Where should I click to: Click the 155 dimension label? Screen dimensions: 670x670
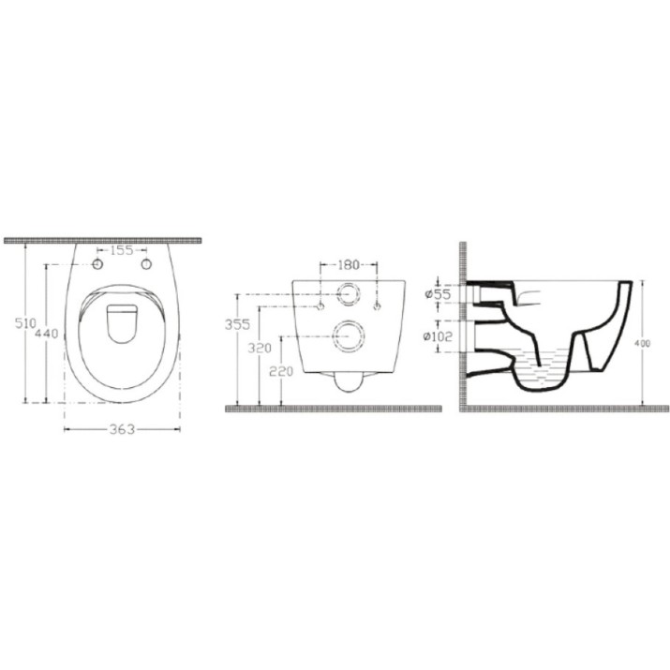(122, 250)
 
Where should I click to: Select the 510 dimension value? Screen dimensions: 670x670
(25, 323)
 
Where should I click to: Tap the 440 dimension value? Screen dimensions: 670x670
(46, 333)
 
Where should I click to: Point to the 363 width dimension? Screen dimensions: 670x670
(122, 429)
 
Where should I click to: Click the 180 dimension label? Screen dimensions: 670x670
(349, 265)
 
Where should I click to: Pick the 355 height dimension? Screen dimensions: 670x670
(237, 325)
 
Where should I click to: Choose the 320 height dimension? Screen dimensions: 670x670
(260, 349)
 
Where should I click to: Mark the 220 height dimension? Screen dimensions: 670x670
(281, 372)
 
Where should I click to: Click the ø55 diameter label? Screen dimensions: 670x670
(438, 294)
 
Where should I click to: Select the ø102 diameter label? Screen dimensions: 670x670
(438, 336)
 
